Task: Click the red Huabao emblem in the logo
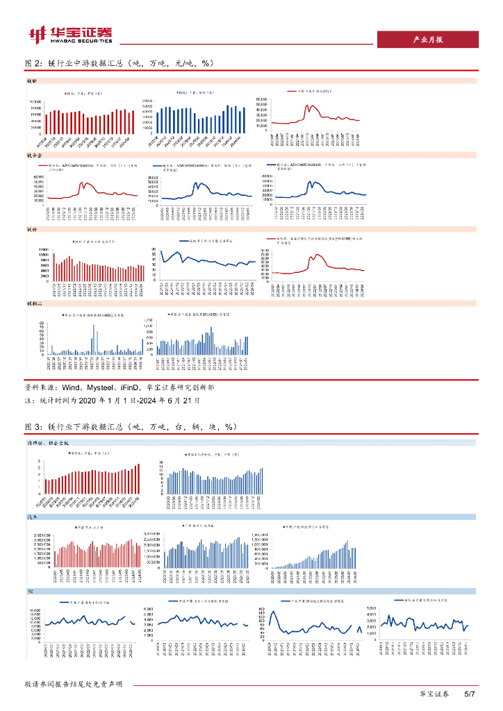pyautogui.click(x=36, y=34)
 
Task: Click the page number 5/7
pyautogui.click(x=469, y=694)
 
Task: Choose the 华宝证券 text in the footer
pyautogui.click(x=434, y=694)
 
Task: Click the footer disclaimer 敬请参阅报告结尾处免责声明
pyautogui.click(x=74, y=685)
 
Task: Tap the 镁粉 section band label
pyautogui.click(x=31, y=229)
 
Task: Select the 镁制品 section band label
pyautogui.click(x=34, y=303)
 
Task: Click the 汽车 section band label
pyautogui.click(x=32, y=517)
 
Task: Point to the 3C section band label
pyautogui.click(x=30, y=591)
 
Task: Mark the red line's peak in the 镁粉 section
pyautogui.click(x=318, y=255)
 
